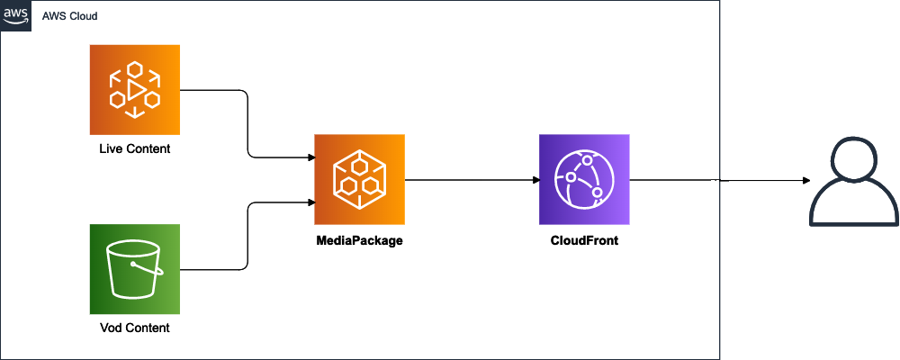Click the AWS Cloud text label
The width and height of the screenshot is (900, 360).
click(x=71, y=16)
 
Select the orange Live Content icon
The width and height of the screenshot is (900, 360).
click(x=135, y=89)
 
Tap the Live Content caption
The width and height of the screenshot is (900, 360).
click(x=134, y=148)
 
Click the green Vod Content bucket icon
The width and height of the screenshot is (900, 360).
click(x=135, y=269)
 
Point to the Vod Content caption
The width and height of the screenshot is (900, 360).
click(x=135, y=328)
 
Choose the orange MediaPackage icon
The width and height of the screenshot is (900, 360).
click(x=359, y=179)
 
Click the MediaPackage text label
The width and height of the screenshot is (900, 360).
click(x=359, y=240)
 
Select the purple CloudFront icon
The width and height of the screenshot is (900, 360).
click(x=584, y=179)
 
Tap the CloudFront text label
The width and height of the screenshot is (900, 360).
click(x=584, y=240)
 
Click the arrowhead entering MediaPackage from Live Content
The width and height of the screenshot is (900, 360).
click(x=310, y=157)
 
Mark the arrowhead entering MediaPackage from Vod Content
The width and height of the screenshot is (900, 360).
click(x=310, y=202)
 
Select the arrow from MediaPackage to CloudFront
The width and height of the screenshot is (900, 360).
click(x=472, y=180)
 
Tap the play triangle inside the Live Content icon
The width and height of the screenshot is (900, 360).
click(x=135, y=90)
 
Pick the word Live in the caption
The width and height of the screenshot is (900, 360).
click(x=110, y=148)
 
